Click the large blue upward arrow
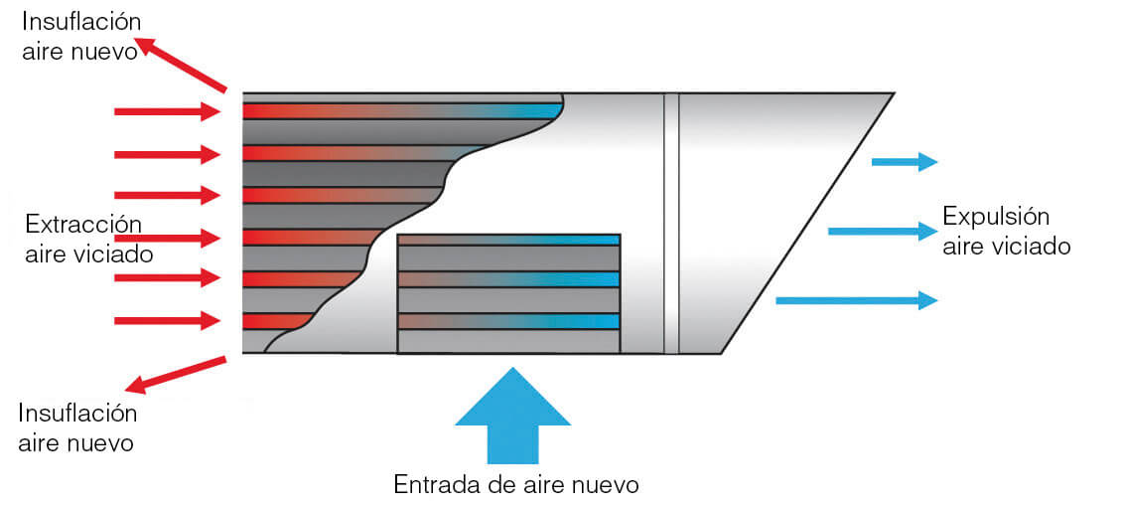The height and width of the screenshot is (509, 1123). tap(512, 418)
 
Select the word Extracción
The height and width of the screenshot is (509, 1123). tap(83, 224)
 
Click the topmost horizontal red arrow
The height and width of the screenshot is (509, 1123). tap(167, 111)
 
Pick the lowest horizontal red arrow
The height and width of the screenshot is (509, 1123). tap(167, 320)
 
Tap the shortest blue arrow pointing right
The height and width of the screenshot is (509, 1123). tap(905, 162)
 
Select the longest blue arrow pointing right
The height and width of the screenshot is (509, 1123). tap(856, 299)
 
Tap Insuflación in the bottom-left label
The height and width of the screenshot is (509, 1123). tap(77, 413)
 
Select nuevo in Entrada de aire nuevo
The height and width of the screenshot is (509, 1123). tap(604, 484)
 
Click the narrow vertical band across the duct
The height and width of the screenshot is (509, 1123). tap(671, 223)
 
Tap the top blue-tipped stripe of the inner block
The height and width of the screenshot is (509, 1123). tap(508, 240)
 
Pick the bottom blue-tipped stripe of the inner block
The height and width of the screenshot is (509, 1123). tap(508, 321)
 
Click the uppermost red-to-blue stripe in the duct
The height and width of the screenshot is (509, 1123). tap(402, 110)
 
